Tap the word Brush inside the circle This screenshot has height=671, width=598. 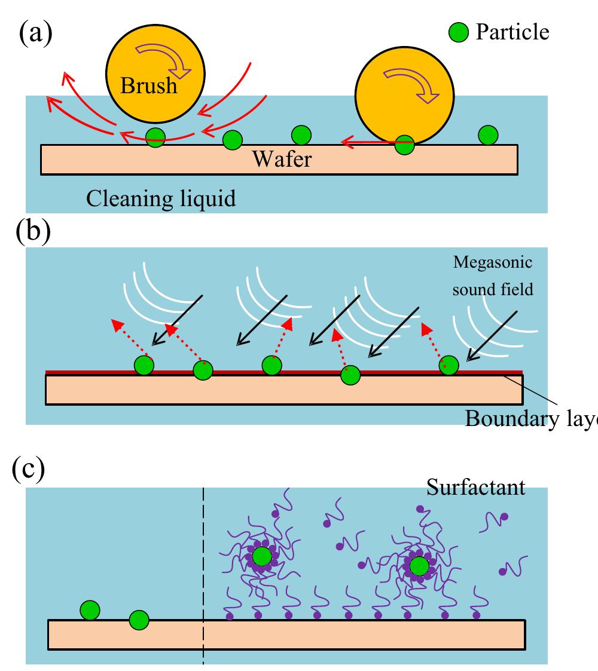pos(149,85)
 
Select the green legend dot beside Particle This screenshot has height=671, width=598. pos(459,32)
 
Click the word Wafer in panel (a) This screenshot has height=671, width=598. pos(281,159)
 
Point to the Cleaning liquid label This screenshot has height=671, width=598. pos(161,198)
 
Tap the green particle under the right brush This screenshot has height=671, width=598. pos(404,144)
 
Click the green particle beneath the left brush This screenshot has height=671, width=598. pos(155,138)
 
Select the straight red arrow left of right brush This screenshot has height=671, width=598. pos(368,142)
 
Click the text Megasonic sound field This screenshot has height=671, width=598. pos(492,276)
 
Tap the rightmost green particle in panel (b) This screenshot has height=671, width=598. pos(448,366)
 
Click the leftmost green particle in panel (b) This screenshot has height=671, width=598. pos(144,365)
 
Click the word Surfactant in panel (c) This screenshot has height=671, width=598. pos(475,487)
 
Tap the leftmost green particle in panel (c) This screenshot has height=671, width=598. pos(90,610)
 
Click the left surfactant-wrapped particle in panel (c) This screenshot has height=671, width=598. pos(261,556)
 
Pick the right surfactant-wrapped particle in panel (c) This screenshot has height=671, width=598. pos(419,565)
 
